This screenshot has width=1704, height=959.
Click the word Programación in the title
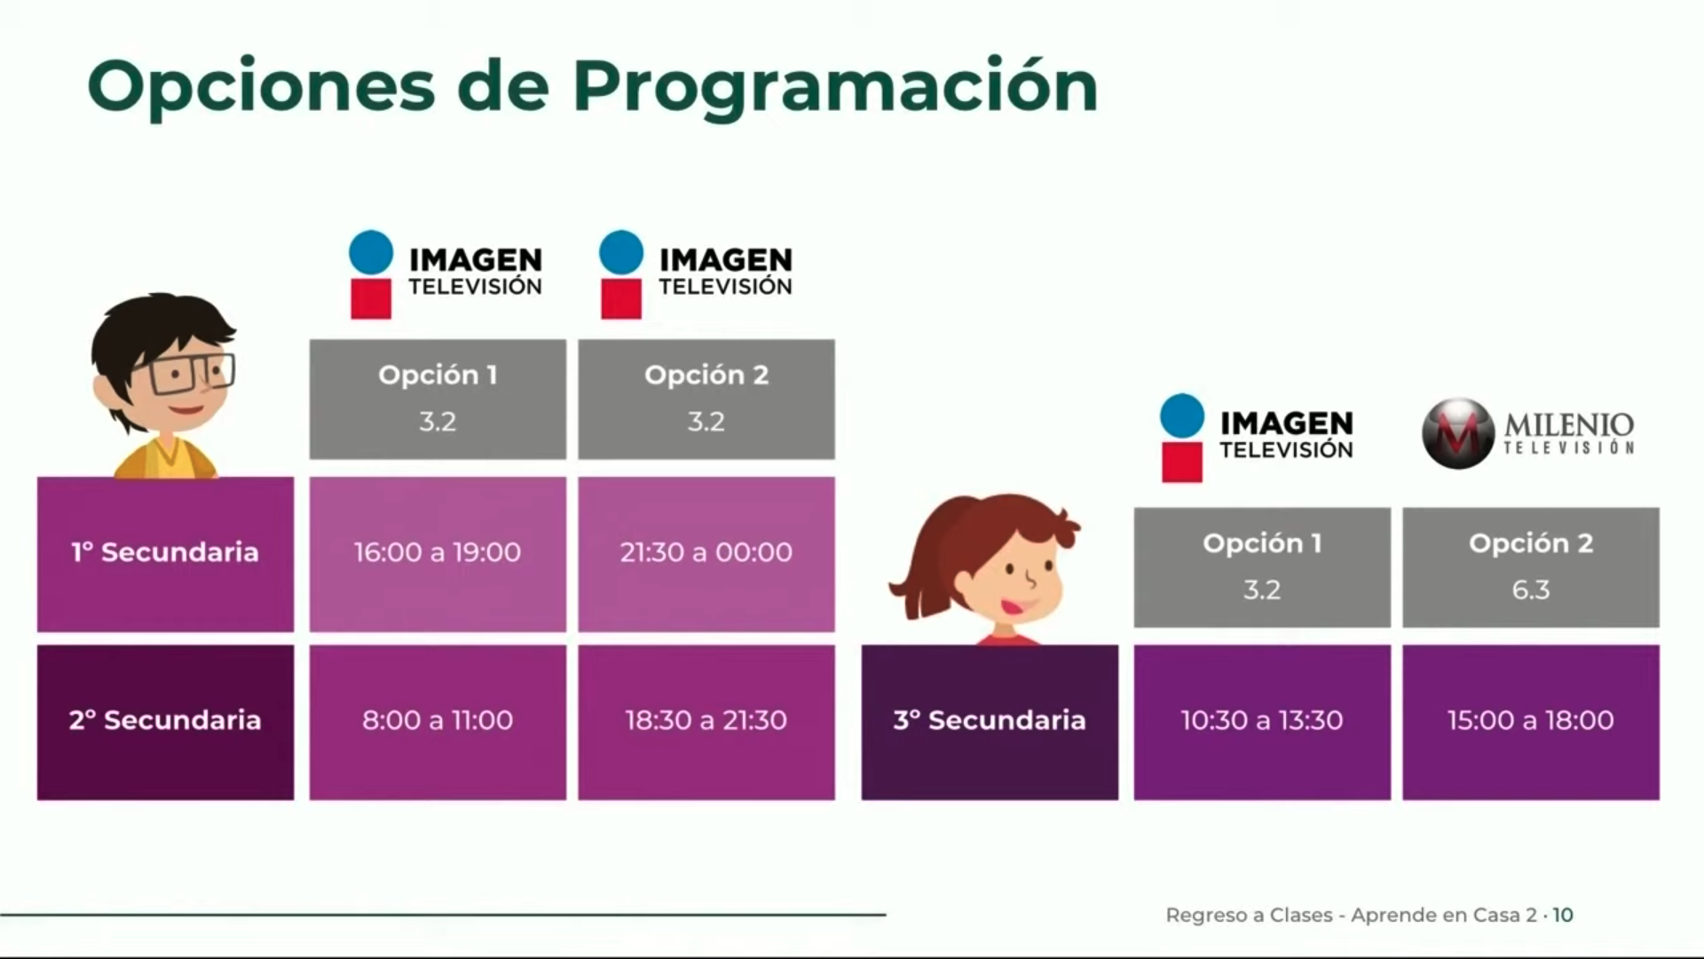[x=834, y=87]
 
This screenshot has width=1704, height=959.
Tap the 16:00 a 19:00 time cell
[x=438, y=553]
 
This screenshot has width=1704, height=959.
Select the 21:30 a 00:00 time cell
[x=706, y=553]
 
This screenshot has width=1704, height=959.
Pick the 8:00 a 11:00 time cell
[x=438, y=721]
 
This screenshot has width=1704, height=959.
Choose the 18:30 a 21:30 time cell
[x=706, y=721]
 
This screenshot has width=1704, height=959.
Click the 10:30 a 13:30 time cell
[x=1262, y=721]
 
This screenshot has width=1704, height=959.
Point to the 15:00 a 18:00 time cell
[x=1531, y=721]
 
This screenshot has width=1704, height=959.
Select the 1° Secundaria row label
[x=165, y=553]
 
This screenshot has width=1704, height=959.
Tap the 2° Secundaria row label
[x=165, y=721]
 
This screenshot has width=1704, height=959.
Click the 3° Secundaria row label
[x=990, y=721]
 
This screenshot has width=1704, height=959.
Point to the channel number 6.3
[x=1531, y=590]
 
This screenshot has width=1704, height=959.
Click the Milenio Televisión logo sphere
[x=1457, y=433]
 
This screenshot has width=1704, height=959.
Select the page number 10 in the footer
[x=1563, y=915]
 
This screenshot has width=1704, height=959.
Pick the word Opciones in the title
[x=262, y=87]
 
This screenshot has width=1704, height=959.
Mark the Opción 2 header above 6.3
[x=1531, y=543]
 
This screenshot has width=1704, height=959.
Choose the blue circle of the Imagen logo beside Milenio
[x=1182, y=416]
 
